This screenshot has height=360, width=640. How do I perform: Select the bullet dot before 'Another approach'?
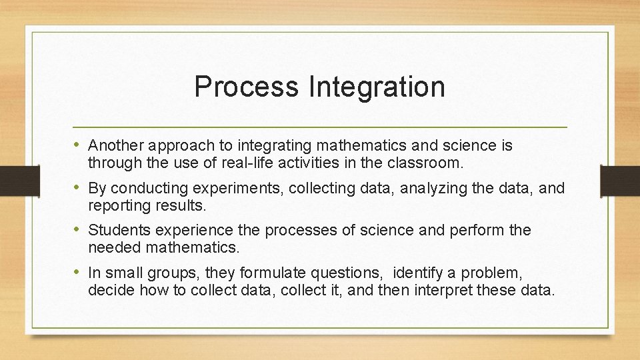(79, 145)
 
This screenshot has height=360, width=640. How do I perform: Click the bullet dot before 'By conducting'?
(79, 187)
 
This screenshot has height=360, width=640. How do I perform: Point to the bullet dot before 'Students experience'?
(79, 230)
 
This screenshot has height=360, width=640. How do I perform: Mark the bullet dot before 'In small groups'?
(79, 273)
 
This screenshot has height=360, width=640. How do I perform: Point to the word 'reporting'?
(116, 205)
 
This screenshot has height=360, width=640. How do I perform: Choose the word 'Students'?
(115, 231)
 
